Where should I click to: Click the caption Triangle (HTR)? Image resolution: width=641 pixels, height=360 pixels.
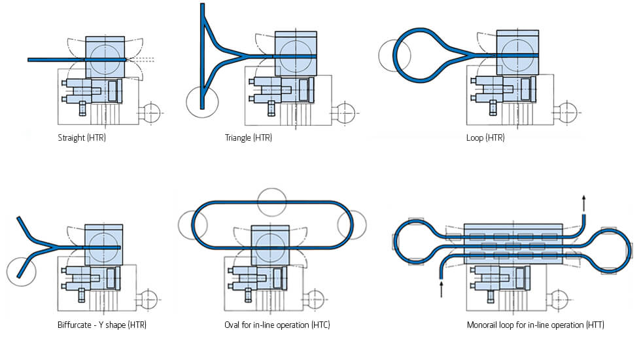(x=248, y=138)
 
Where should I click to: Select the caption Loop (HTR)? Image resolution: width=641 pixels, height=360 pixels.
(x=485, y=138)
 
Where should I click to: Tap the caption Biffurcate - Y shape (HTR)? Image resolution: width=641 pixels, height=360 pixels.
(x=102, y=325)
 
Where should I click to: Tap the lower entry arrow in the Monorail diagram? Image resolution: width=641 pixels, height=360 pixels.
(x=442, y=289)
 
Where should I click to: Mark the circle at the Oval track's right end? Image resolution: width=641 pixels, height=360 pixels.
(x=351, y=225)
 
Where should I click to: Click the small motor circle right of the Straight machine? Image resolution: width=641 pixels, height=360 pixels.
(x=152, y=113)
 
